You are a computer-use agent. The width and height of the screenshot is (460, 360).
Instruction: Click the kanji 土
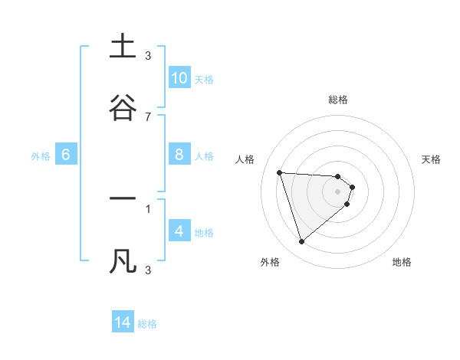123,47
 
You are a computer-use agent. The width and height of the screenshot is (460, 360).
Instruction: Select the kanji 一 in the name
123,199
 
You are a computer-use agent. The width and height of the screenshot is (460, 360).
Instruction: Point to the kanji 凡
123,260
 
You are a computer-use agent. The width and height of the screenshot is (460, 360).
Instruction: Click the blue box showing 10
179,77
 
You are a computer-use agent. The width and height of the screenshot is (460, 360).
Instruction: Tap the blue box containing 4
179,231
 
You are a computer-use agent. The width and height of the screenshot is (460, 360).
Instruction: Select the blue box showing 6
66,155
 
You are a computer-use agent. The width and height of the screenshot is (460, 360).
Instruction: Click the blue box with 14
123,322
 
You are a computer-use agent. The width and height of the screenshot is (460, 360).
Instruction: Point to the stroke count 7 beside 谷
148,117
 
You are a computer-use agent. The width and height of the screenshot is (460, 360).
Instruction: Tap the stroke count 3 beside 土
148,56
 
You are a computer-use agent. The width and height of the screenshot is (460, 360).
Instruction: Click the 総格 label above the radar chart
338,100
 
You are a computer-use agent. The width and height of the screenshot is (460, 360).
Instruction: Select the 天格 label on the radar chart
432,159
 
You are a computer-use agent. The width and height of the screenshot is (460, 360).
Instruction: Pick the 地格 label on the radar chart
402,262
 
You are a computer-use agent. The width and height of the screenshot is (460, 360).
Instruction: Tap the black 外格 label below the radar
270,262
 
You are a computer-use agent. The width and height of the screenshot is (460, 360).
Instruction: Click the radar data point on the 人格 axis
280,172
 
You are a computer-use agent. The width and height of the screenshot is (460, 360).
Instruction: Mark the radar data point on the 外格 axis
301,242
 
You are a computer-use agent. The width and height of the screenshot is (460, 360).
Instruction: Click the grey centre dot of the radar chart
338,191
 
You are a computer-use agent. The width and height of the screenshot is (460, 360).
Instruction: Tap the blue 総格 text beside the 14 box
147,324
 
